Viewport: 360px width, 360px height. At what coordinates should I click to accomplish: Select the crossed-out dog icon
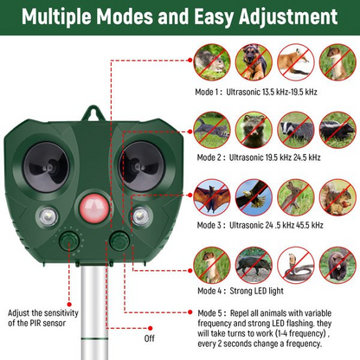[x=252, y=62]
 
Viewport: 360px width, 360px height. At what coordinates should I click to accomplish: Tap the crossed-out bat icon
[x=212, y=196]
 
